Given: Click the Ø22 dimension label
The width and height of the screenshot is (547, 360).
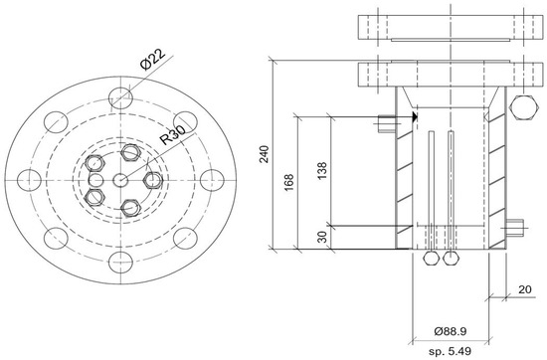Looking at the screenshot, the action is tap(152, 59).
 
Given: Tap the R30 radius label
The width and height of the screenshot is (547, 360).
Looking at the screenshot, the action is tap(172, 134).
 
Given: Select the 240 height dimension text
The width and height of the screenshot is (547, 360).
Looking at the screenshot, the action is tap(265, 154).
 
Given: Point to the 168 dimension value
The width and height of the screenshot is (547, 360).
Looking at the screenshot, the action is tap(288, 182).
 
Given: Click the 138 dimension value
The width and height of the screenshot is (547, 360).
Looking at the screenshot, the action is tap(322, 171).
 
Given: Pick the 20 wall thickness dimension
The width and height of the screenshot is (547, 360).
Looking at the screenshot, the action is tap(525, 289).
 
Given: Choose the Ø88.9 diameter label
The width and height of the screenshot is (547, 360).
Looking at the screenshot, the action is tap(450, 331).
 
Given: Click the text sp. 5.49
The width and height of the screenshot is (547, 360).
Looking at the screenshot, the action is tap(450, 351).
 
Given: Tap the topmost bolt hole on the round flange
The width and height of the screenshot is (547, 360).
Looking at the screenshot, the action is tap(120, 98).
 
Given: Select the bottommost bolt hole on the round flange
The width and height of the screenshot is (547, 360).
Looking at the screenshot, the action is tap(120, 263).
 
